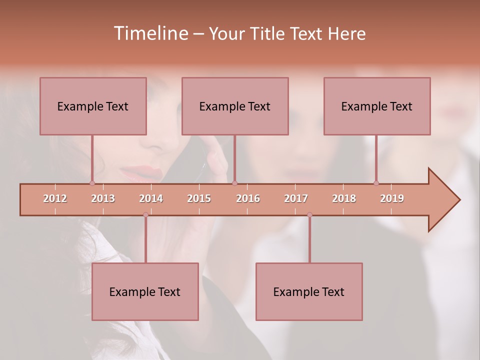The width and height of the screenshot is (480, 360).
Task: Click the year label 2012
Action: click(55, 198)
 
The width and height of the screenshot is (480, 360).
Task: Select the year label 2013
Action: click(103, 198)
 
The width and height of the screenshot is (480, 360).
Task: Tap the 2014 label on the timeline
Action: click(151, 198)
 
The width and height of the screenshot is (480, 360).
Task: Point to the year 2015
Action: click(199, 198)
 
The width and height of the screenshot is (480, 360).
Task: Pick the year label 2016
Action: click(248, 198)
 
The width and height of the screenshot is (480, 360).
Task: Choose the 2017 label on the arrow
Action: click(296, 198)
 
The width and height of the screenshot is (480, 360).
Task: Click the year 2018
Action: click(344, 198)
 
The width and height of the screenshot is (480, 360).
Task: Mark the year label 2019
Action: click(392, 198)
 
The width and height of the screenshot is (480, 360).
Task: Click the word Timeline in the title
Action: click(150, 33)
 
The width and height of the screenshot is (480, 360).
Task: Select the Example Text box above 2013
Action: click(93, 106)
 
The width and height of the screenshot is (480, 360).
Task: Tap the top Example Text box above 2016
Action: click(235, 106)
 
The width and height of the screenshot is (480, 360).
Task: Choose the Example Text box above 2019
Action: click(377, 106)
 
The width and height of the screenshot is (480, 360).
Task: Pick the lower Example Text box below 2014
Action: click(145, 291)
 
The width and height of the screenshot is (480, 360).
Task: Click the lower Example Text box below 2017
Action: click(309, 291)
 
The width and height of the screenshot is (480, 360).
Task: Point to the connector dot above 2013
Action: click(92, 183)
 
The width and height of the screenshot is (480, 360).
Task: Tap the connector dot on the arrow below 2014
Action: click(145, 215)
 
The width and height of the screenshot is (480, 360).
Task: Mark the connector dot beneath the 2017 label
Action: click(309, 215)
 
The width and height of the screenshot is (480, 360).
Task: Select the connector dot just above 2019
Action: click(376, 183)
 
